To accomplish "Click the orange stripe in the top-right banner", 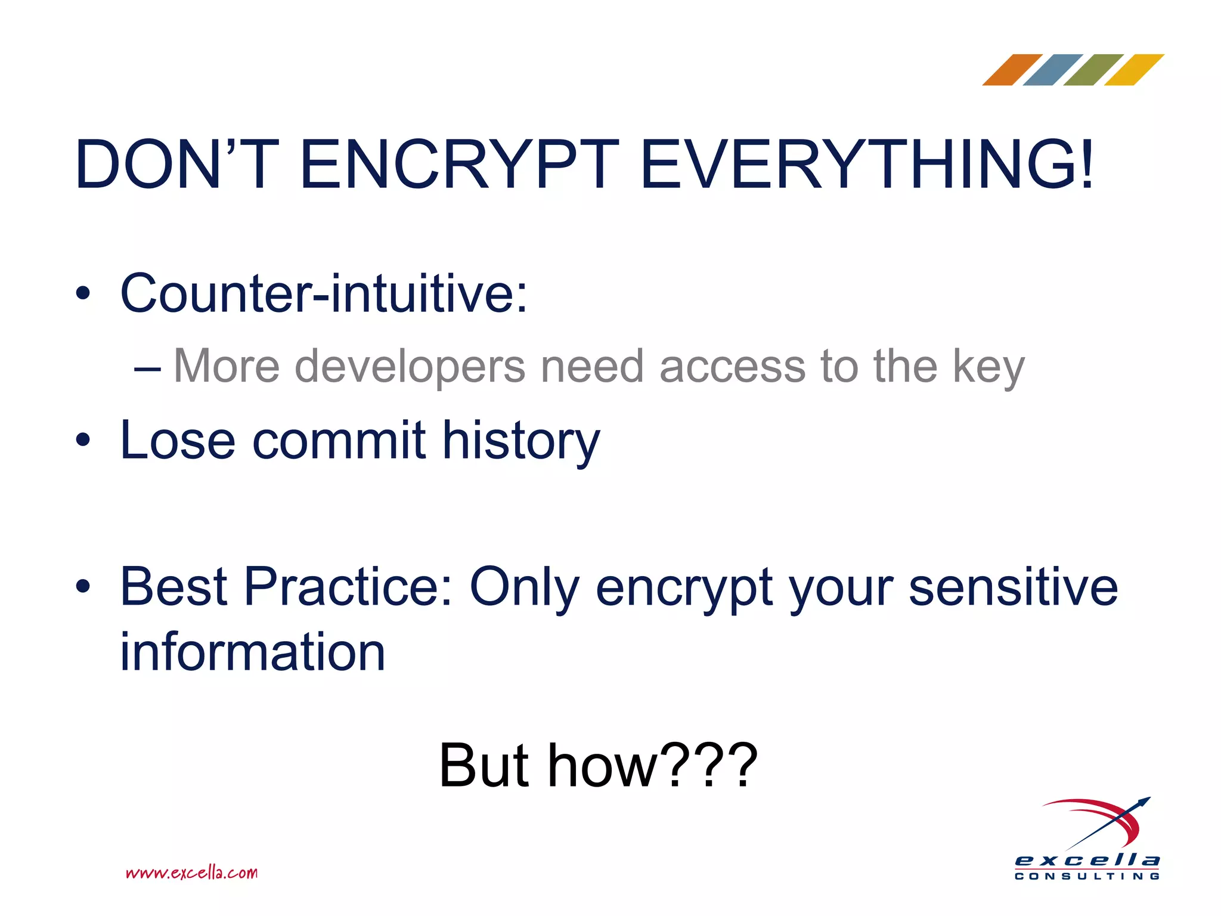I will [x=1012, y=70].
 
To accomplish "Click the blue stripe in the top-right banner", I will [x=1053, y=70].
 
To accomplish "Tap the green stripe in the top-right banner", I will [x=1093, y=70].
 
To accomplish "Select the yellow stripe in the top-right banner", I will [x=1134, y=70].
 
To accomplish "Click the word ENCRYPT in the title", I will [x=459, y=164].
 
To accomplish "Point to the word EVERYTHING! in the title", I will [x=867, y=164].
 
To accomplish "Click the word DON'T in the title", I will [x=176, y=164].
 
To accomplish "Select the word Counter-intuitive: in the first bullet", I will [x=324, y=293].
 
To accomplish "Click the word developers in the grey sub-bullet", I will [x=410, y=366].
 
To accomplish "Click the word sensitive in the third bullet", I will [x=1013, y=587].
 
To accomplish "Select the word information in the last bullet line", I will [x=253, y=652].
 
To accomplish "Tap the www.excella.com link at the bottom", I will [x=192, y=873].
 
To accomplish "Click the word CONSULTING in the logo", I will [x=1087, y=876].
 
